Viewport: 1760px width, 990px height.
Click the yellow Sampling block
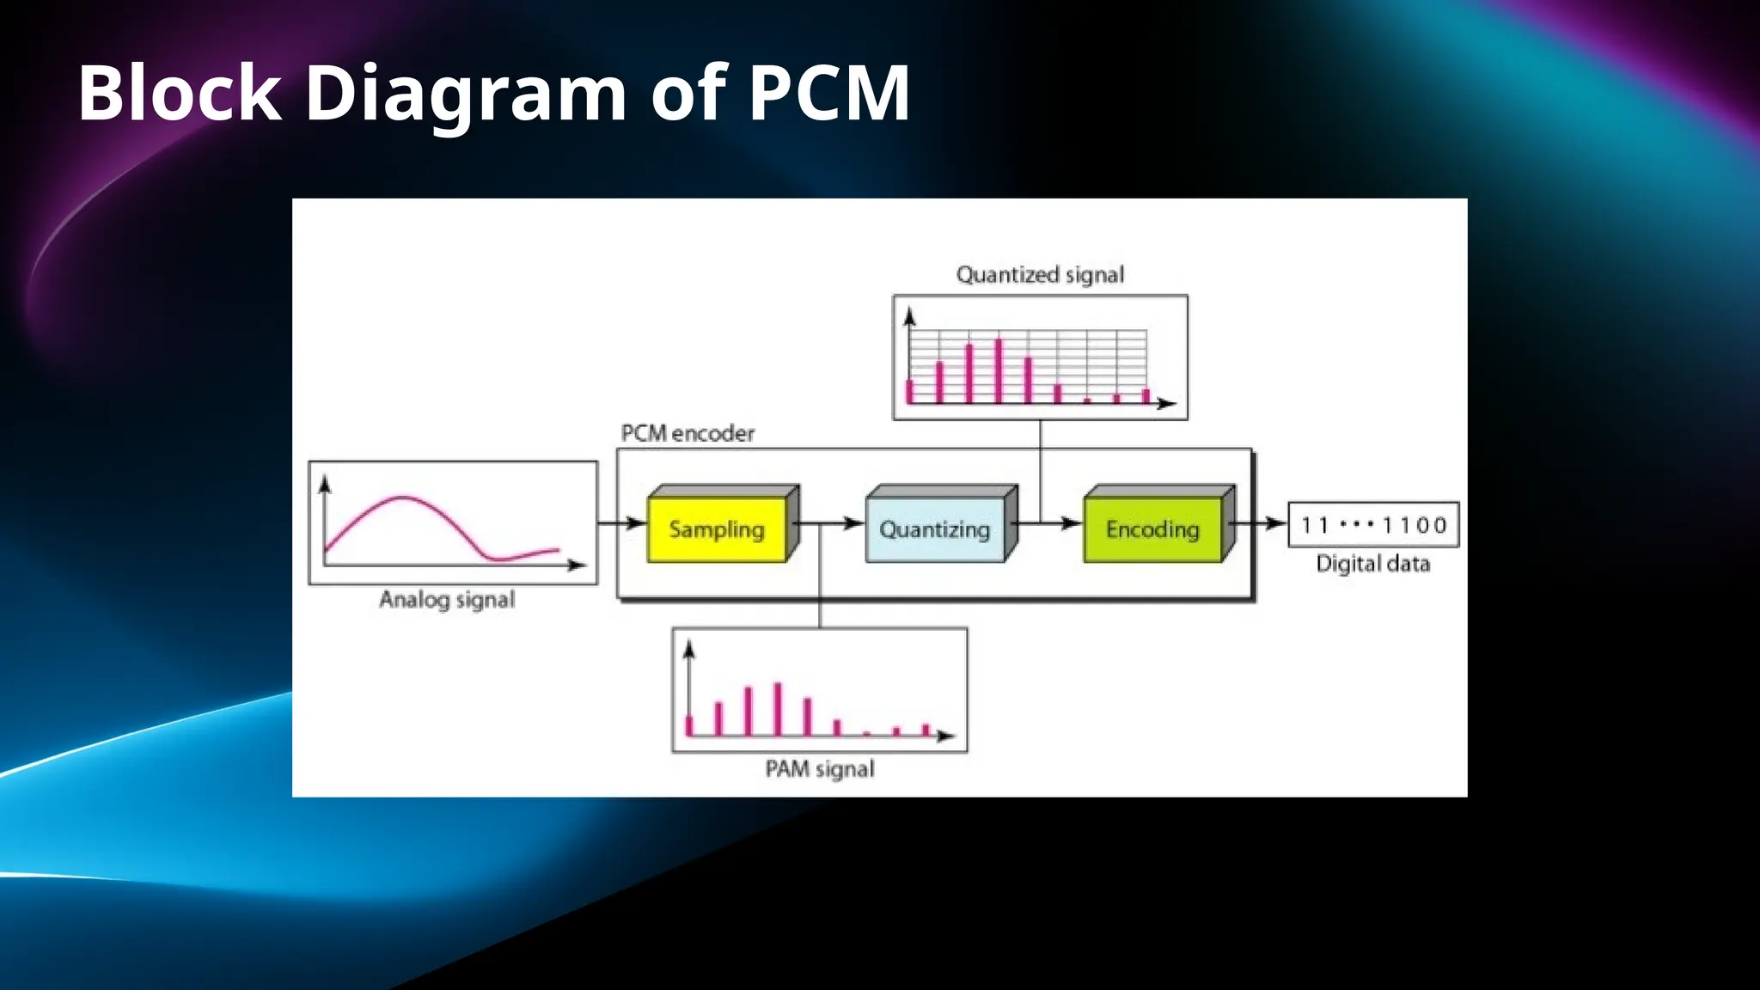717,529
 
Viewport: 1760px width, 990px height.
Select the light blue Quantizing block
935,529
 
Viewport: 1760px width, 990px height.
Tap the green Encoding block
1152,529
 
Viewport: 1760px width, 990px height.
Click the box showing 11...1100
1373,524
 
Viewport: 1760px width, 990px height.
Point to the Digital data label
1373,564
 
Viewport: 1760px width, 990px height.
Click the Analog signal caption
447,599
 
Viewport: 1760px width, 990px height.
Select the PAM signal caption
820,768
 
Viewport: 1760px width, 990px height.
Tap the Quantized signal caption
1040,275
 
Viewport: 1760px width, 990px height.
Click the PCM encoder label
687,433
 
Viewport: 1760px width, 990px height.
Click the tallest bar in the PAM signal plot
778,709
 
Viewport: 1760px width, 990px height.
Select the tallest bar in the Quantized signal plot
999,370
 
